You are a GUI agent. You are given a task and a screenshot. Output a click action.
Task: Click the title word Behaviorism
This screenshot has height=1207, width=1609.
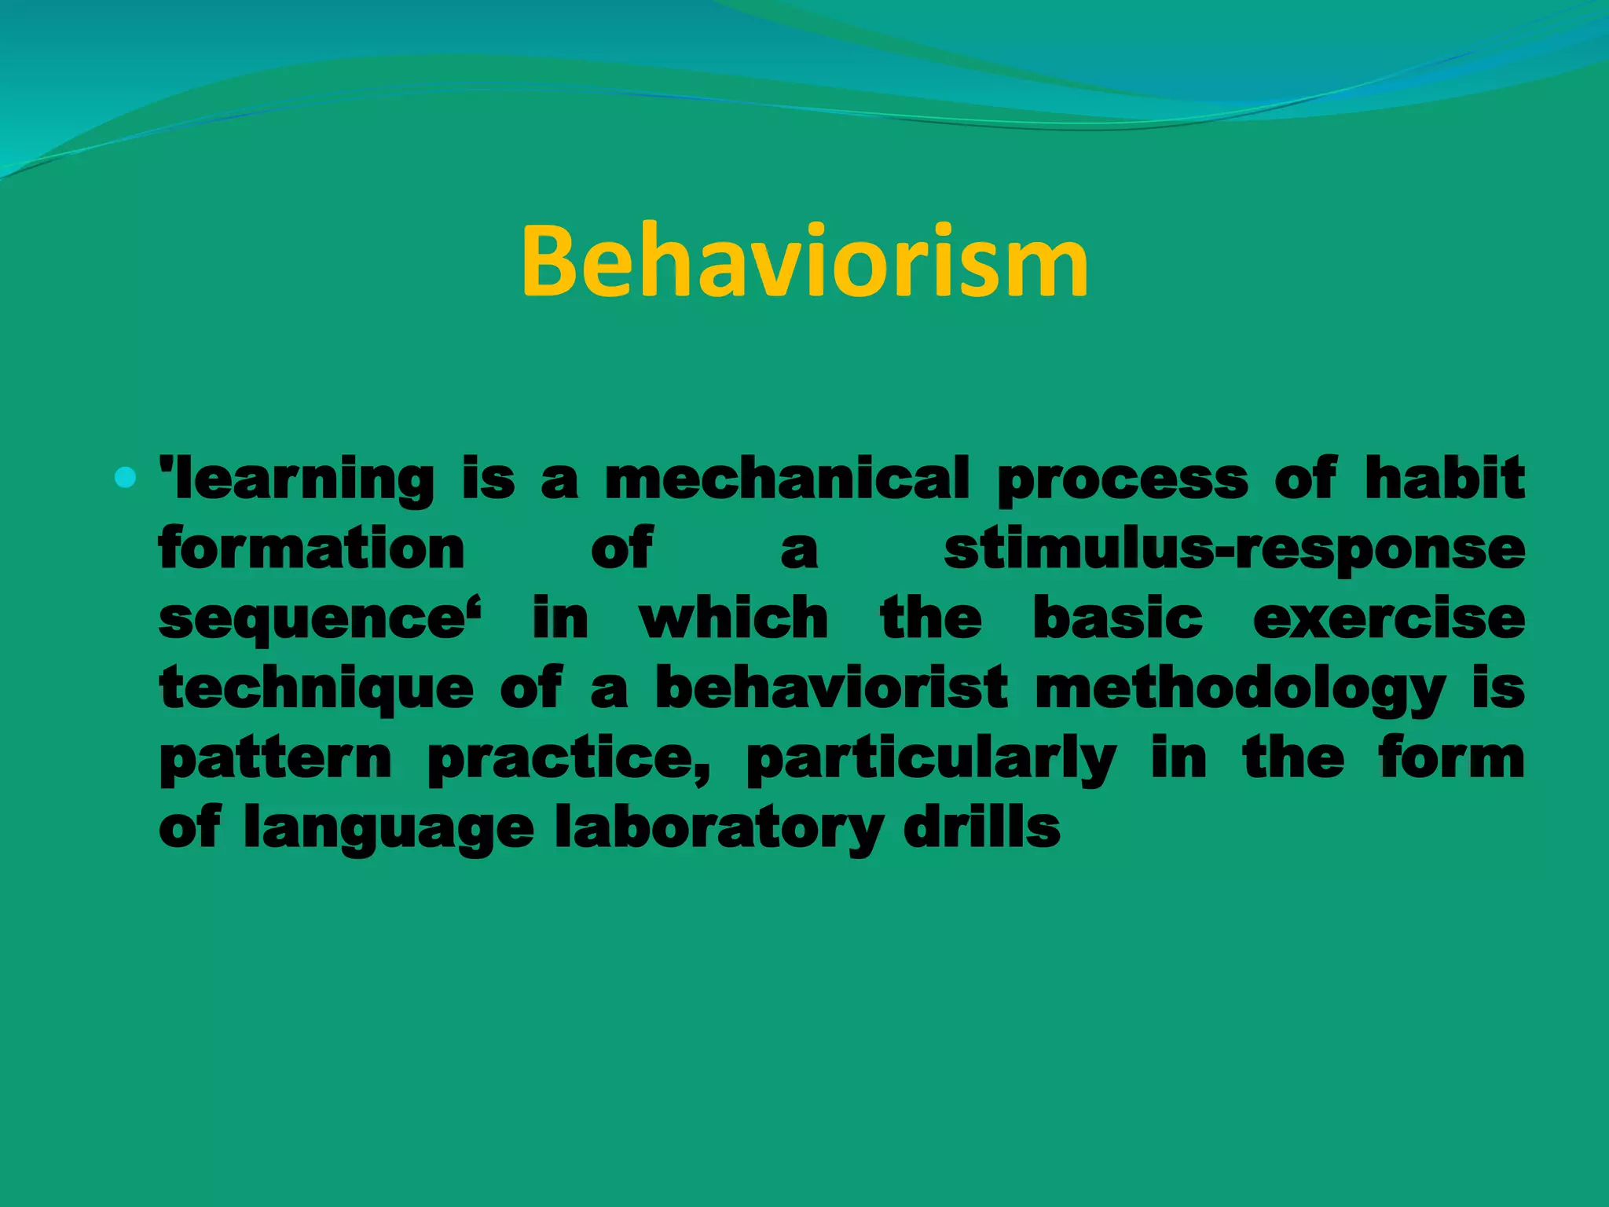tap(804, 261)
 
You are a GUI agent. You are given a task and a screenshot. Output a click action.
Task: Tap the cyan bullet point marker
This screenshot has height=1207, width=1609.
tap(125, 476)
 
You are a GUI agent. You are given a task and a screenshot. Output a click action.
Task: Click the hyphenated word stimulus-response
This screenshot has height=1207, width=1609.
tap(1233, 549)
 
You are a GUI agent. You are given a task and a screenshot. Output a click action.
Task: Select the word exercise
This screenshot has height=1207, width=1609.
tap(1388, 618)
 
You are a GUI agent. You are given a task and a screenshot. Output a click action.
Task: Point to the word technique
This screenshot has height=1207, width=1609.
tap(316, 688)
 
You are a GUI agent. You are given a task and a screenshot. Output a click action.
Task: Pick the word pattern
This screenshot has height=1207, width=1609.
tap(275, 758)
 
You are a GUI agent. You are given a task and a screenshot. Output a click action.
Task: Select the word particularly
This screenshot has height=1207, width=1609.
tap(931, 758)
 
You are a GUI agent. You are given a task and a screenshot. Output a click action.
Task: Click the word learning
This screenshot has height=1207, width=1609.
tap(302, 479)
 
